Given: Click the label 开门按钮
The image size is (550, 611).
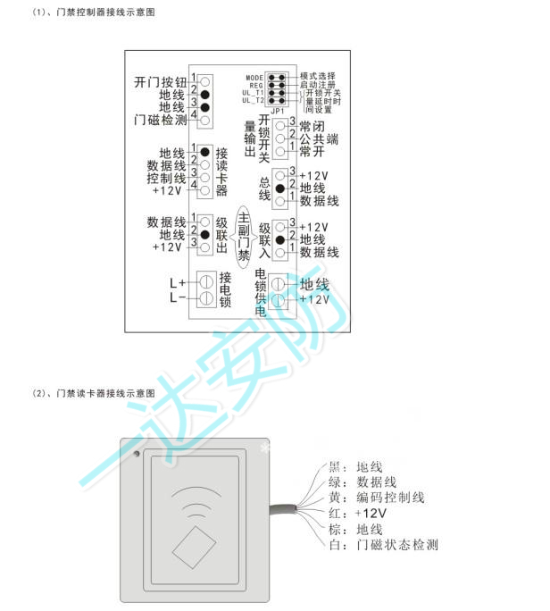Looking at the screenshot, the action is [x=159, y=81].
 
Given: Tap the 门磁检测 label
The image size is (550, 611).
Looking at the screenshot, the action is [x=159, y=119].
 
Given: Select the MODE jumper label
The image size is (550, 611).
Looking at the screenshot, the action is [x=254, y=78].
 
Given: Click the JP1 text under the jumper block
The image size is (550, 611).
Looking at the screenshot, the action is [x=275, y=113].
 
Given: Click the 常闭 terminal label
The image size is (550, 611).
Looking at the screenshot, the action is [x=317, y=127].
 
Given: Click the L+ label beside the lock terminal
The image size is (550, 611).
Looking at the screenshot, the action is [x=177, y=283].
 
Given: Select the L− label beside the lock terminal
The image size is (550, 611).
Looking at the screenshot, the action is [x=177, y=297].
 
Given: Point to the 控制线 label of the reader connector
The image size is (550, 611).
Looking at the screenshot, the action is [x=167, y=178].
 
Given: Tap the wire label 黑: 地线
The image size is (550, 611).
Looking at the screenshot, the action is [x=355, y=467].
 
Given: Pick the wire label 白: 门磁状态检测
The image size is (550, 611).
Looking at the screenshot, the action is [x=383, y=544].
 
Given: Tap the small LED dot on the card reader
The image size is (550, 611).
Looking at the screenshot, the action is [x=137, y=456].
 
